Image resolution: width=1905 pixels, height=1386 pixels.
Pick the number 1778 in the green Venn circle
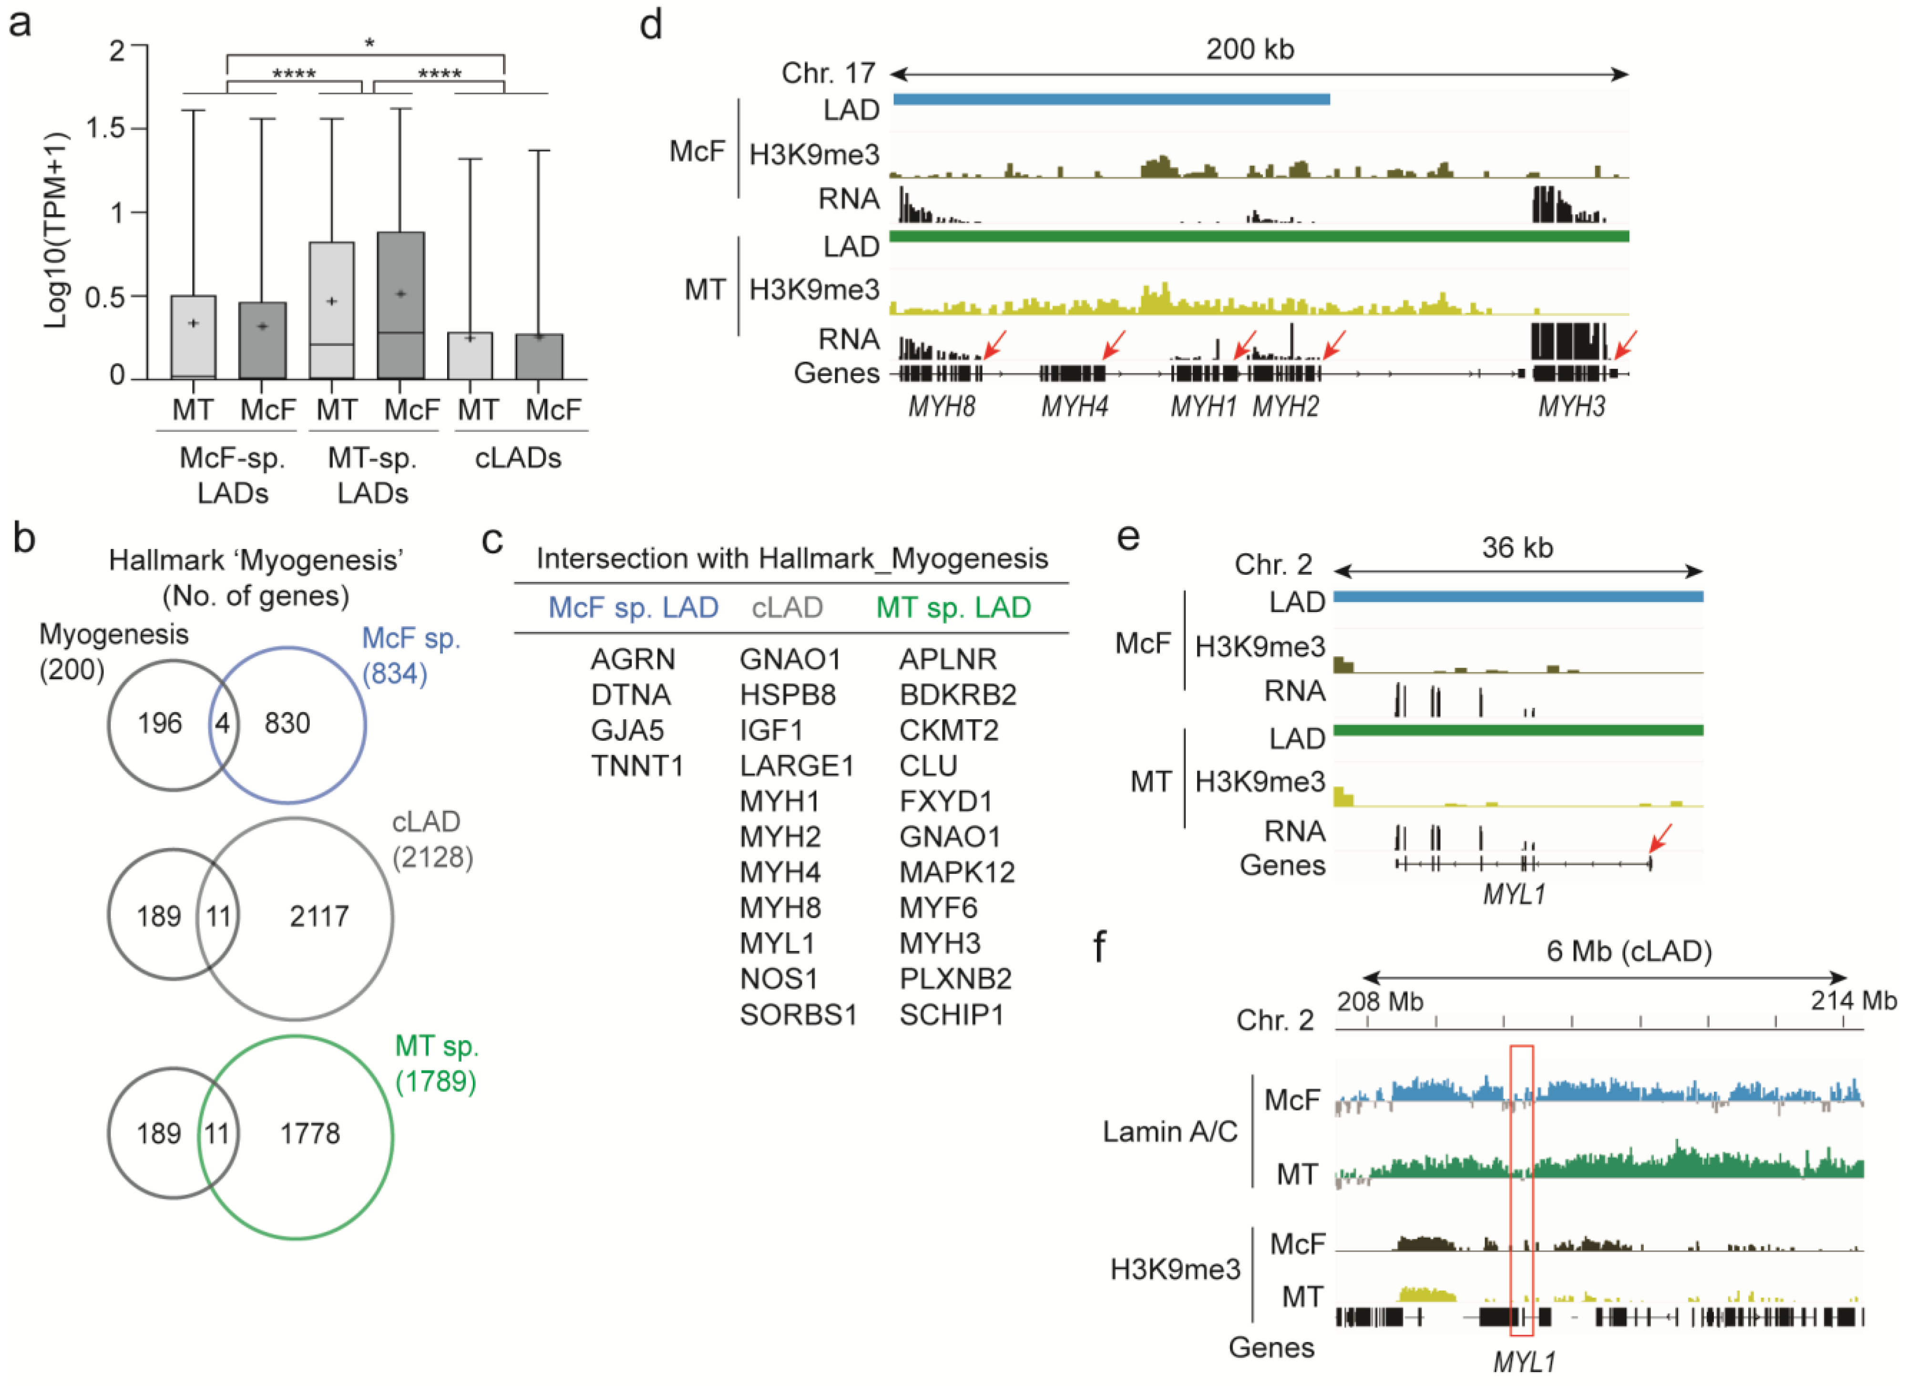point(310,1133)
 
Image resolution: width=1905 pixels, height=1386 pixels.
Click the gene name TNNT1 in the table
point(637,766)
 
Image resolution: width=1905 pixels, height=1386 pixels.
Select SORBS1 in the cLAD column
point(798,1015)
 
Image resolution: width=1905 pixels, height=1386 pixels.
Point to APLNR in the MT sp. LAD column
point(947,660)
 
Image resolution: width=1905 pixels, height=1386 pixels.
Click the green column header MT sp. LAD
point(953,607)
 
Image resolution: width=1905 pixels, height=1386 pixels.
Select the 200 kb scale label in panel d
point(1250,50)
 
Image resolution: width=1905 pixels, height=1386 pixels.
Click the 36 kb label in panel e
point(1517,548)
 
